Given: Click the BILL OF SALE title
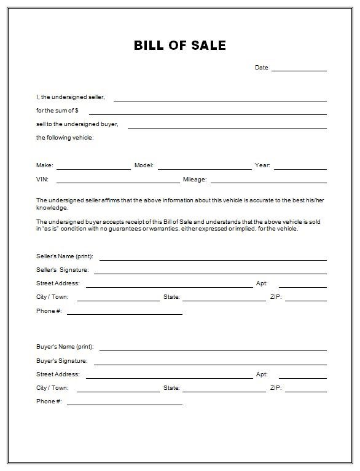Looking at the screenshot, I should coord(180,46).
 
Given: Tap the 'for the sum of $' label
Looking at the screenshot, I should coord(58,111).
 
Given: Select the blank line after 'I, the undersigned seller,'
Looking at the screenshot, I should coord(220,99).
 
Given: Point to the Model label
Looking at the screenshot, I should coord(143,165).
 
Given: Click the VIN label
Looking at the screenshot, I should coord(42,180).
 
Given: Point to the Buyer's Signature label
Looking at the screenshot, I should coord(61,361).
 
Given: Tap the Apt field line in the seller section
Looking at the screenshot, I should coord(302,286).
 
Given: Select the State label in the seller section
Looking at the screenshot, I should coord(171,297).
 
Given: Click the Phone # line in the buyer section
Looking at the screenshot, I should coord(124,404).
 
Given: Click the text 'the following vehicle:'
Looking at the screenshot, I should coord(65,138).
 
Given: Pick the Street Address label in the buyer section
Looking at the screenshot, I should coord(58,374).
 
